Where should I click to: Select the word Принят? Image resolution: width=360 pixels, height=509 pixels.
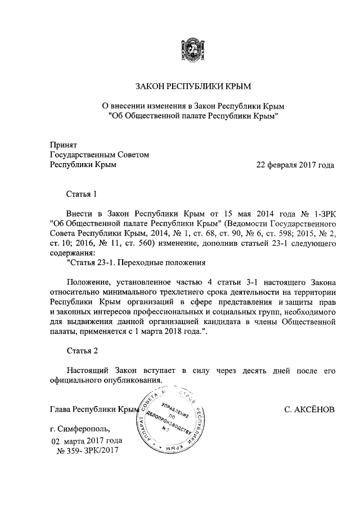pos(63,145)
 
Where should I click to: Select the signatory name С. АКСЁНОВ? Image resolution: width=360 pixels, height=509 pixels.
pos(309,410)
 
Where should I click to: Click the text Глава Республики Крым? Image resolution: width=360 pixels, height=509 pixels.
pos(93,410)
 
